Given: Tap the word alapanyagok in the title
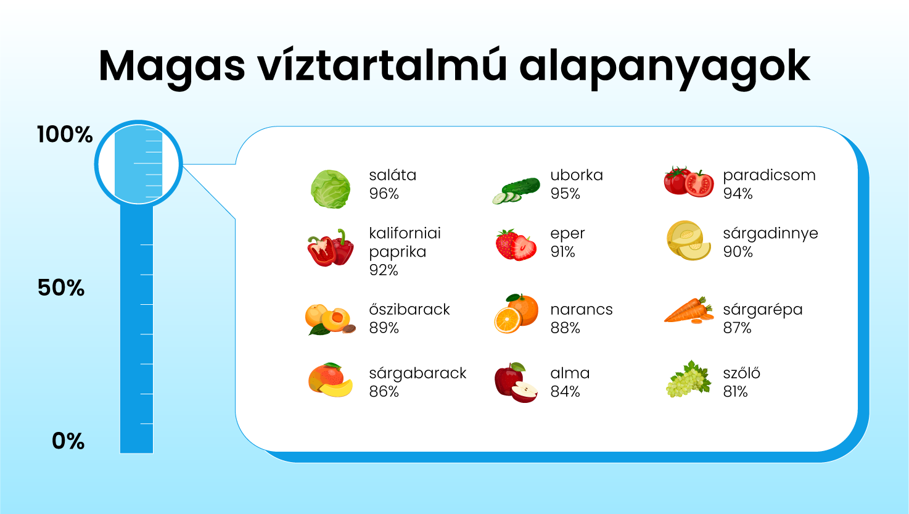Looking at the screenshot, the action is tap(665, 67).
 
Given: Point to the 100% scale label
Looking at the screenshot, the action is tap(65, 135).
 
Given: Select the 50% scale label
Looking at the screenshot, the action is tap(61, 288).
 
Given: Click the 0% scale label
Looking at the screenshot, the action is tap(68, 441).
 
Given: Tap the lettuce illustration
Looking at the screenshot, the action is tap(331, 189).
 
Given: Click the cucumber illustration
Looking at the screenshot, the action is tap(516, 191).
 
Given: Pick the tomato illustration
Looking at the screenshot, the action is tap(689, 181).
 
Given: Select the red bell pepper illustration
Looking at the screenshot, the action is tap(331, 247).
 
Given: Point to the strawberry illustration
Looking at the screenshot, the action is tap(516, 245).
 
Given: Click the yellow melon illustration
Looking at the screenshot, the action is tap(689, 241).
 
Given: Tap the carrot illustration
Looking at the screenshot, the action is tap(689, 310).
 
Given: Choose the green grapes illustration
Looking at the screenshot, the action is tap(689, 379).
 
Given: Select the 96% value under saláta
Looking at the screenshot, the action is tap(384, 194).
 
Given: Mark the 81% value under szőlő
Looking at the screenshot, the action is tap(735, 392).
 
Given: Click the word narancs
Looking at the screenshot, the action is tap(582, 310).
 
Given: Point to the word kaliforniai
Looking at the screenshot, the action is tap(405, 233).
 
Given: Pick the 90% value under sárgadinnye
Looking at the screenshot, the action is tap(738, 252).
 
